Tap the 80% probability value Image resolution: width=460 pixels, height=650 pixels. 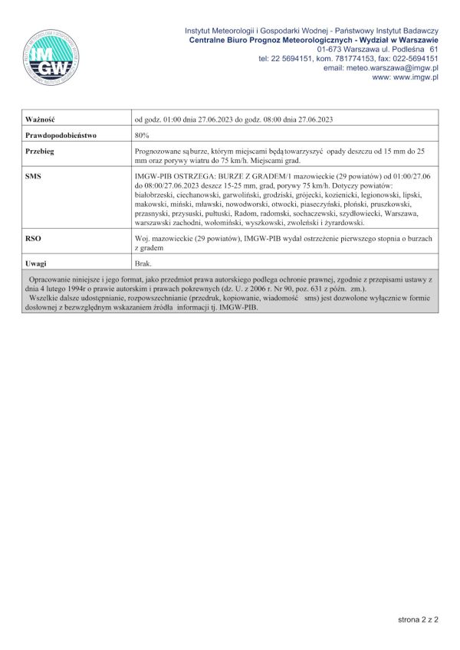[142, 135]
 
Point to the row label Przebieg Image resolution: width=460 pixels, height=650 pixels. [39, 152]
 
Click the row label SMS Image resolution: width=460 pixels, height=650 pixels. [33, 176]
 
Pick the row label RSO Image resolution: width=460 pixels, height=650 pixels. [33, 239]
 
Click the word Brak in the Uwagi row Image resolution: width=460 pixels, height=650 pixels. [143, 263]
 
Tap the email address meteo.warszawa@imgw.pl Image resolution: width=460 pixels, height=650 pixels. [391, 67]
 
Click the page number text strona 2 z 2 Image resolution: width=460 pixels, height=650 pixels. [418, 619]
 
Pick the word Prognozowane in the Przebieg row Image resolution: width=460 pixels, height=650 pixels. [159, 152]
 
